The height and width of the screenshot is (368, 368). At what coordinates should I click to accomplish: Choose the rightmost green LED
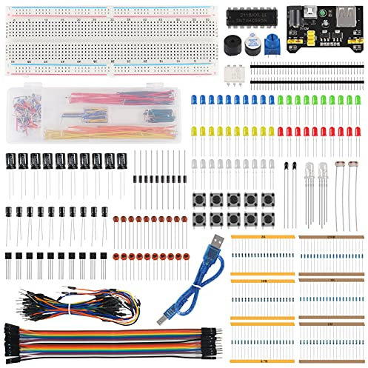click(x=357, y=101)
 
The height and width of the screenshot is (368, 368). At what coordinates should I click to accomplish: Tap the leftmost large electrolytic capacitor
click(x=13, y=161)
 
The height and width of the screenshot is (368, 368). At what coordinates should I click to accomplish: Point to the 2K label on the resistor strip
click(x=264, y=235)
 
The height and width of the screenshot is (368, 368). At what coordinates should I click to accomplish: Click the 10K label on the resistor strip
click(x=264, y=281)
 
